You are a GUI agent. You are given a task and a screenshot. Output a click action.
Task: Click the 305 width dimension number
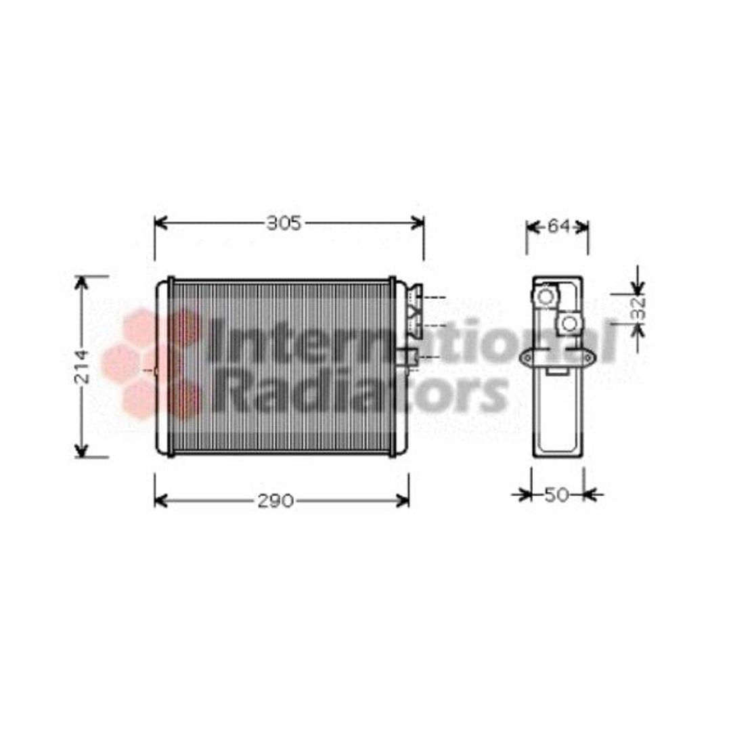click(284, 224)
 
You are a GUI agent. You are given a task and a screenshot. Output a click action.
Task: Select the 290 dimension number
click(275, 501)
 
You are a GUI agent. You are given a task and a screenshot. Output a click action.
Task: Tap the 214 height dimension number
click(82, 366)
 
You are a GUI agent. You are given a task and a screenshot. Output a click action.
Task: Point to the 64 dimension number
click(558, 227)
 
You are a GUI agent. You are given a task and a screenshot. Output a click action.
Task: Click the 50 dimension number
click(556, 495)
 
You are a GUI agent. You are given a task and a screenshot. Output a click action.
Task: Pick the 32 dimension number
click(639, 308)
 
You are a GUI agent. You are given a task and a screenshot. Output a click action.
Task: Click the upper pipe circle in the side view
click(546, 296)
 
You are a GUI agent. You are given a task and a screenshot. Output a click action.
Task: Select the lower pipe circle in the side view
click(569, 324)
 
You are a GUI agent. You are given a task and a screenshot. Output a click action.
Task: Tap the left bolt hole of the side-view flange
click(528, 358)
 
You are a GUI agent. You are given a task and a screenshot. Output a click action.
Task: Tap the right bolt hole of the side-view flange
click(588, 358)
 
